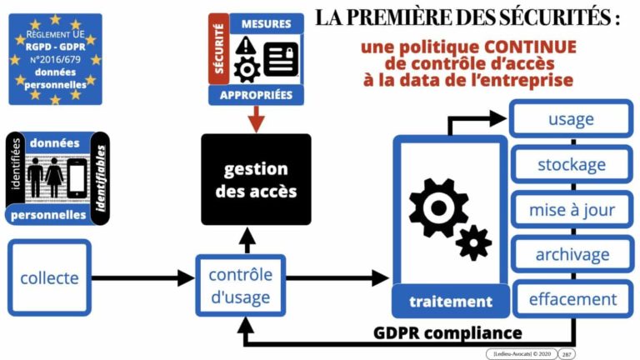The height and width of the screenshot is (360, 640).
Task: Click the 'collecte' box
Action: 49,278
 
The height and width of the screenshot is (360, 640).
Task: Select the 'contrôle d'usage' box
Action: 240,286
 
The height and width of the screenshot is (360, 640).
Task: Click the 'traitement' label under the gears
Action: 450,301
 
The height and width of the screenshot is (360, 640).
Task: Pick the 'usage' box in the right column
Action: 571,119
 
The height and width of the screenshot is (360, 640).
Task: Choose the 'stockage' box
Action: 571,164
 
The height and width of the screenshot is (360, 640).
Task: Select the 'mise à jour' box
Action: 571,209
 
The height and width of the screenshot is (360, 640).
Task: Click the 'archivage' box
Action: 571,254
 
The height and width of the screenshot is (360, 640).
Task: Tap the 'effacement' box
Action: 571,298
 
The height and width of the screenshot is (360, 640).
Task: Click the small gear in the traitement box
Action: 474,242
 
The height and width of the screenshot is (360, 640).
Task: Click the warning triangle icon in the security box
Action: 246,47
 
